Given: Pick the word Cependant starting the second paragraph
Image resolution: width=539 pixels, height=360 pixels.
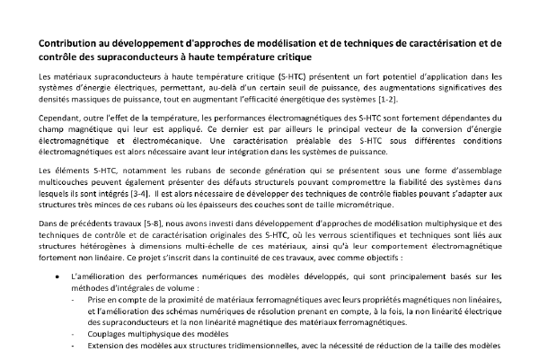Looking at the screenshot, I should pyautogui.click(x=60, y=118).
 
